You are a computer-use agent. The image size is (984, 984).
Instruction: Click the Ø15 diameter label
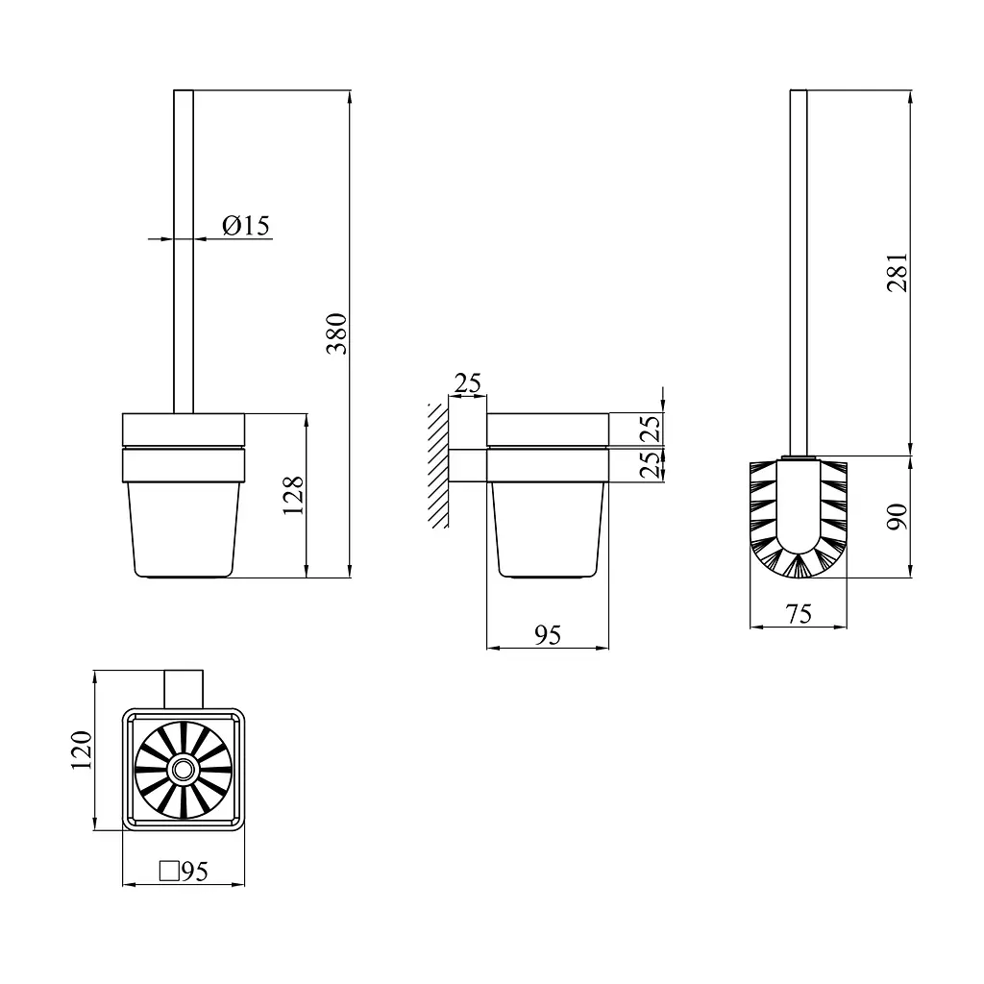pos(246,225)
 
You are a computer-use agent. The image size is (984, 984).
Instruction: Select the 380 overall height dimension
pos(337,333)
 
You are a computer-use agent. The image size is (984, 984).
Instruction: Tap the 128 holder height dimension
pos(293,495)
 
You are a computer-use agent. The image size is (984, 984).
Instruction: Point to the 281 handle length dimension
pos(898,272)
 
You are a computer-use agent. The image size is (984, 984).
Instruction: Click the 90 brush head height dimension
pos(898,516)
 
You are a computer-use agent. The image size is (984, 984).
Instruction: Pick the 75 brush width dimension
pos(799,614)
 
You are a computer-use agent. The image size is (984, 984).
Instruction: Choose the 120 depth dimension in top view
pos(81,750)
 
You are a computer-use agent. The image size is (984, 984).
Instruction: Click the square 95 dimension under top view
pos(184,871)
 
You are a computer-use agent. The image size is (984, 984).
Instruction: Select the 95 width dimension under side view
pos(547,636)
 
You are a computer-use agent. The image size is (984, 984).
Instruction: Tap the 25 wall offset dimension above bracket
pos(468,382)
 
